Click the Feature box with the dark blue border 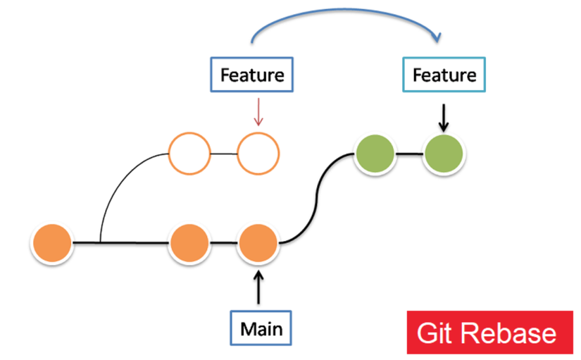[252, 75]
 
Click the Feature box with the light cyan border [444, 75]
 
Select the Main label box [261, 328]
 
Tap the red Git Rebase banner [490, 333]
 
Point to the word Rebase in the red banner [508, 333]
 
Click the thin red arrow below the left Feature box [258, 112]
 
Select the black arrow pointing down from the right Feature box [444, 118]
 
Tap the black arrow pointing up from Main [258, 287]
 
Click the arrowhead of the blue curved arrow [437, 37]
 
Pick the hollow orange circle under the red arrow [258, 154]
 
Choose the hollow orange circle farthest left [189, 154]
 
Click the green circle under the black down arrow [444, 154]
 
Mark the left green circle [375, 154]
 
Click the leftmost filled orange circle [52, 243]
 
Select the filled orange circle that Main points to [258, 243]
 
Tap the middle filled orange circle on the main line [189, 243]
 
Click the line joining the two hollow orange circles [224, 154]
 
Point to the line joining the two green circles [409, 154]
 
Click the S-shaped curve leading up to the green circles [316, 199]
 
